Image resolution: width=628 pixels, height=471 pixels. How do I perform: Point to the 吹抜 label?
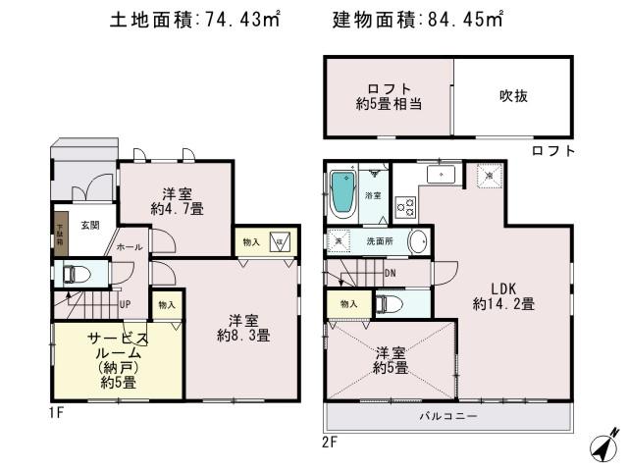click(x=513, y=96)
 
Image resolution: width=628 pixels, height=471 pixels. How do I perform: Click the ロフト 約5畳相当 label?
click(x=390, y=96)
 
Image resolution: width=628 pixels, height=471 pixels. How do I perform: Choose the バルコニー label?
click(x=451, y=416)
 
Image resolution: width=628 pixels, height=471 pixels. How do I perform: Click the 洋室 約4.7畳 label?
click(x=177, y=200)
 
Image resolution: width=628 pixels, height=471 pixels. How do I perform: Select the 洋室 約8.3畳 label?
click(x=243, y=327)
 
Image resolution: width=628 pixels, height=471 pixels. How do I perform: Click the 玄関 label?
click(x=89, y=227)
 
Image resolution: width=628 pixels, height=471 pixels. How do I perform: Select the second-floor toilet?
click(x=386, y=303)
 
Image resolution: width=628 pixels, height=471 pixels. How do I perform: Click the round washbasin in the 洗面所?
click(x=417, y=240)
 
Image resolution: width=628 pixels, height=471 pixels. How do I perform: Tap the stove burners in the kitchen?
click(x=403, y=207)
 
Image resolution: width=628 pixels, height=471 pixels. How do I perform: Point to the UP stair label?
click(x=126, y=305)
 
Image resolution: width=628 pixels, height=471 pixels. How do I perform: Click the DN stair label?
click(x=391, y=273)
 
